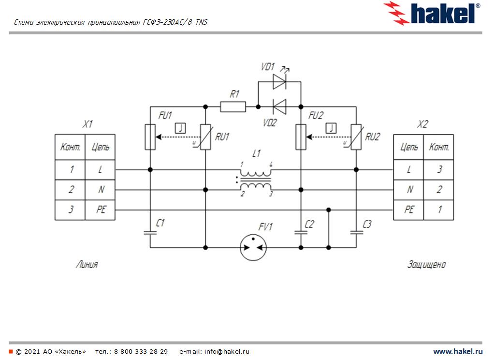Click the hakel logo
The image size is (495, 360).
432,13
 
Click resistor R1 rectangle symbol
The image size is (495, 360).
233,107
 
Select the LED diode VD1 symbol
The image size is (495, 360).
279,82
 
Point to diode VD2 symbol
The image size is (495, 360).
279,106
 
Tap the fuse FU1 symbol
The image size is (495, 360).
150,137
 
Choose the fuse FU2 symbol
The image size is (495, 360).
301,137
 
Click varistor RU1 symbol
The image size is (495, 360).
205,137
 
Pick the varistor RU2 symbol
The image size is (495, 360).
356,137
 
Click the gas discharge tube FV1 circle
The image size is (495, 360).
253,247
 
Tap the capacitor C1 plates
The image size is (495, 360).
150,233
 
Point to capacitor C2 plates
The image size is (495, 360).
301,233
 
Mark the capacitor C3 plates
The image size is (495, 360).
356,233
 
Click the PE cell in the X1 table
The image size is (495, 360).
101,210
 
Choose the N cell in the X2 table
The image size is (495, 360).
409,190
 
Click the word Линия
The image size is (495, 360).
87,264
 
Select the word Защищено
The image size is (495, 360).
426,265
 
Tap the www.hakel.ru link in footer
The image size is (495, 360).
458,351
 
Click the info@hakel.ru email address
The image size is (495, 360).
227,351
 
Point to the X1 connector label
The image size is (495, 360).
87,124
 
